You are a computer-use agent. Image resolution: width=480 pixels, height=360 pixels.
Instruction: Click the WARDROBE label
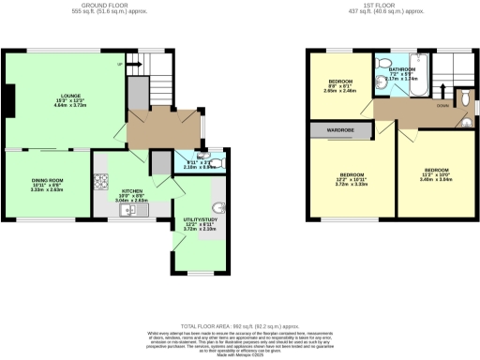point(340,130)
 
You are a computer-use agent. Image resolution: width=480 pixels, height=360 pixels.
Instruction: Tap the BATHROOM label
point(403,68)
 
